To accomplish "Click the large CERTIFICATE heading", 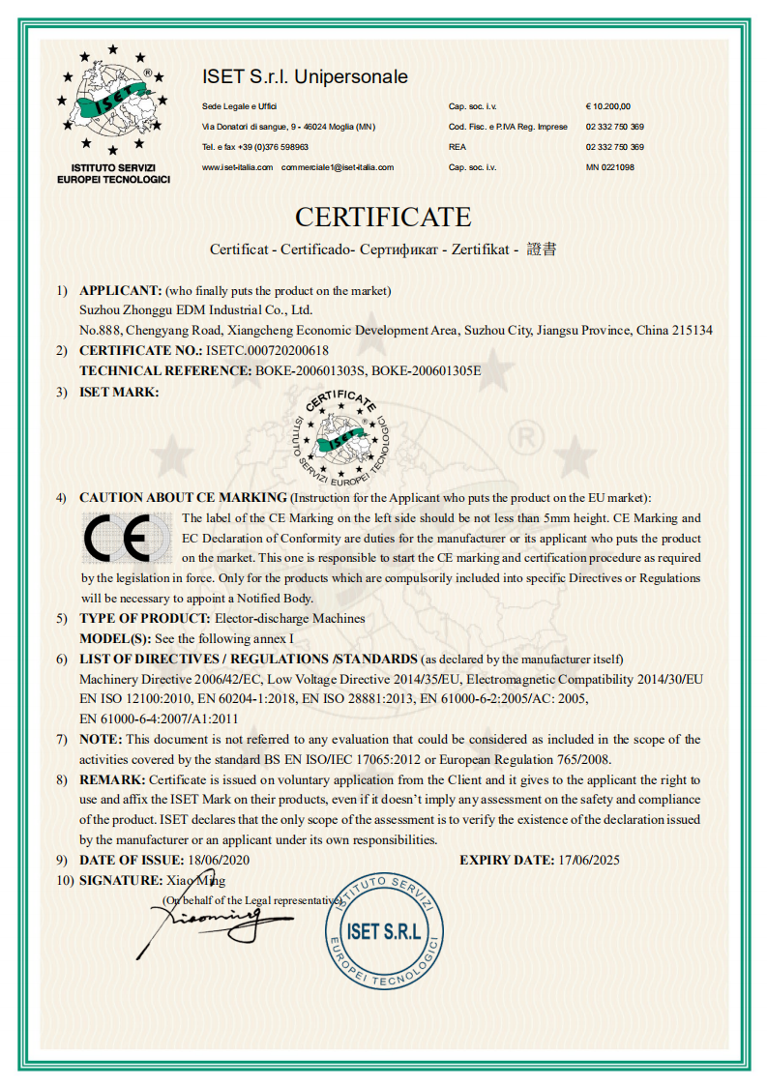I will (383, 216).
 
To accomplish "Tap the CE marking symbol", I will (125, 540).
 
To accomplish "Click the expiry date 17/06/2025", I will (588, 860).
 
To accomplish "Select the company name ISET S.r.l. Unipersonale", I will (305, 76).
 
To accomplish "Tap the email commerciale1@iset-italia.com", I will (338, 167).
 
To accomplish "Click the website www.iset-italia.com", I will (237, 167).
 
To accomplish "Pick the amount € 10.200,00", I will (607, 106).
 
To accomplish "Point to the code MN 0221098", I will (610, 167).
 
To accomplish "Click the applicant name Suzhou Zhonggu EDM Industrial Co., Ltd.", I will (195, 310).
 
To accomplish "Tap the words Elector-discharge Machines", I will (289, 618).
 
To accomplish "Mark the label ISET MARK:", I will (119, 391).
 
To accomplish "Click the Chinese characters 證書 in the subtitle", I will (542, 249).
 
